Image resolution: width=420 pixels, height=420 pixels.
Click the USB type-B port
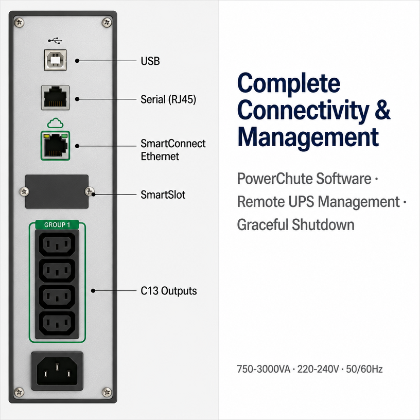tap(55, 60)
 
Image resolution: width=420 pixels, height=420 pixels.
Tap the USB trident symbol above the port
tap(55, 41)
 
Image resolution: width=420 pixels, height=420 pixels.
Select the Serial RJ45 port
tap(56, 98)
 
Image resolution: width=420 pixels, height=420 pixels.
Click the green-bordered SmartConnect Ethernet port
tap(56, 146)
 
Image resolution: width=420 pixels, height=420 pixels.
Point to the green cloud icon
tap(55, 123)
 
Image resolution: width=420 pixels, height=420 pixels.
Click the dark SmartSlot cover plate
tap(57, 191)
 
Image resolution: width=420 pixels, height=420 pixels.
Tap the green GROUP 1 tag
tap(57, 225)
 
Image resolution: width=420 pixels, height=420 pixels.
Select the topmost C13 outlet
tap(57, 244)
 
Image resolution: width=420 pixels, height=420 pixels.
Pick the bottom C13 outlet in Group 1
tap(57, 324)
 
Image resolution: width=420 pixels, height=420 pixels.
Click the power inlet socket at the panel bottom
tap(57, 371)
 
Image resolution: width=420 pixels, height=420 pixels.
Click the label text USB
tap(150, 61)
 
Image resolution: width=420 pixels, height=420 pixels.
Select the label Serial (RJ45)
tap(168, 99)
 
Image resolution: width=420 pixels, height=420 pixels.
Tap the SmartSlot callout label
tap(163, 195)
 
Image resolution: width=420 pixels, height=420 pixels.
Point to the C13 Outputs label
tap(169, 291)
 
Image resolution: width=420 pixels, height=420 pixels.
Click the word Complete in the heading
tap(289, 83)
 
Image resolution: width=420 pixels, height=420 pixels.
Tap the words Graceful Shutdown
tap(296, 225)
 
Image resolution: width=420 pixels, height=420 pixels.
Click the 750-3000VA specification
tap(264, 369)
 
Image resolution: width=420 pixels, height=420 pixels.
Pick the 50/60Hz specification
tap(364, 369)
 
